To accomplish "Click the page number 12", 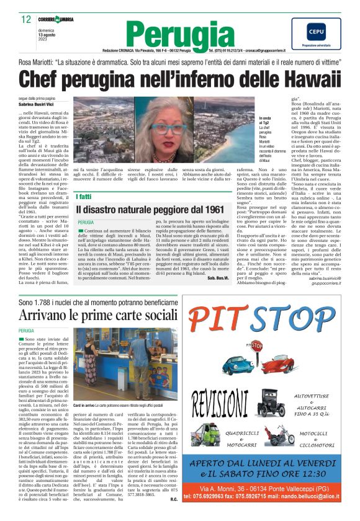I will click(x=26, y=20).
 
